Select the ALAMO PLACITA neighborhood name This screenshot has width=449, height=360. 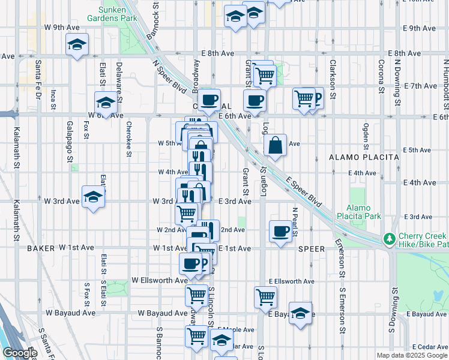pyautogui.click(x=364, y=157)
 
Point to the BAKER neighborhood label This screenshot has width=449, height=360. pyautogui.click(x=41, y=247)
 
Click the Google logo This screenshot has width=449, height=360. pyautogui.click(x=20, y=353)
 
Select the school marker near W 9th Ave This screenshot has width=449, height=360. pyautogui.click(x=77, y=46)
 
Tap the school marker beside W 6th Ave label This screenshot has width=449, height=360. pyautogui.click(x=106, y=103)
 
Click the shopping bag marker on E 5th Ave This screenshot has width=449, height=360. pyautogui.click(x=274, y=145)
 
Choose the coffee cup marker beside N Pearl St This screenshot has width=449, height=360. pyautogui.click(x=280, y=232)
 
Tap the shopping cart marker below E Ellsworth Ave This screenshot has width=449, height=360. pyautogui.click(x=265, y=296)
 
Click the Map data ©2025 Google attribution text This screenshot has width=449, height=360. pyautogui.click(x=412, y=355)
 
